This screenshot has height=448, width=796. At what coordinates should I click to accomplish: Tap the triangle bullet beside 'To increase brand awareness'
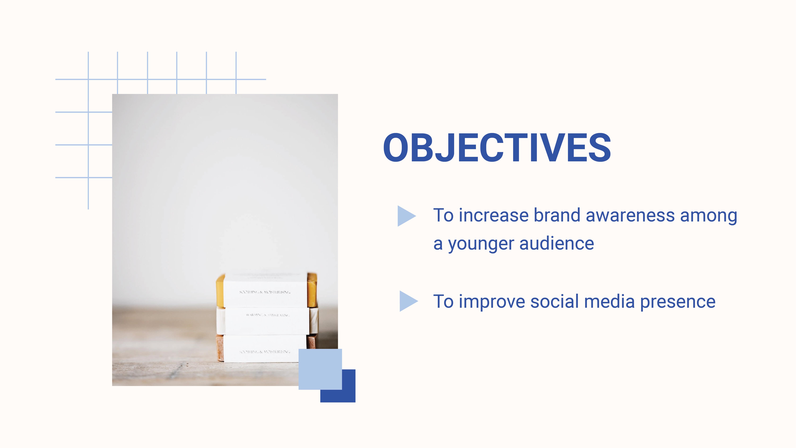pyautogui.click(x=406, y=216)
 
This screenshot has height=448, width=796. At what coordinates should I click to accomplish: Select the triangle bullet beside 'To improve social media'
pyautogui.click(x=408, y=301)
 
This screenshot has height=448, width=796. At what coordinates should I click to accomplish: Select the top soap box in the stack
pyautogui.click(x=265, y=291)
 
